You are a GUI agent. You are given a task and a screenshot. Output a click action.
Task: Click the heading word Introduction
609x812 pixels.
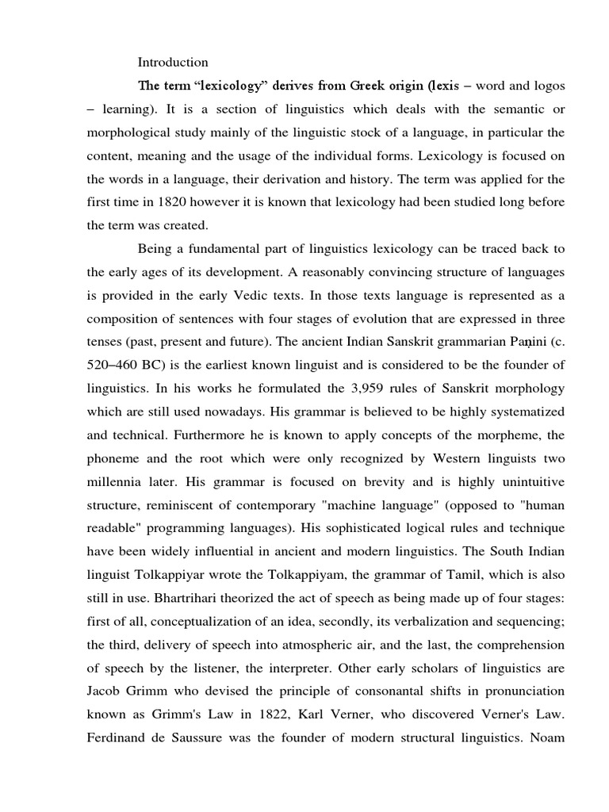[x=173, y=62]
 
